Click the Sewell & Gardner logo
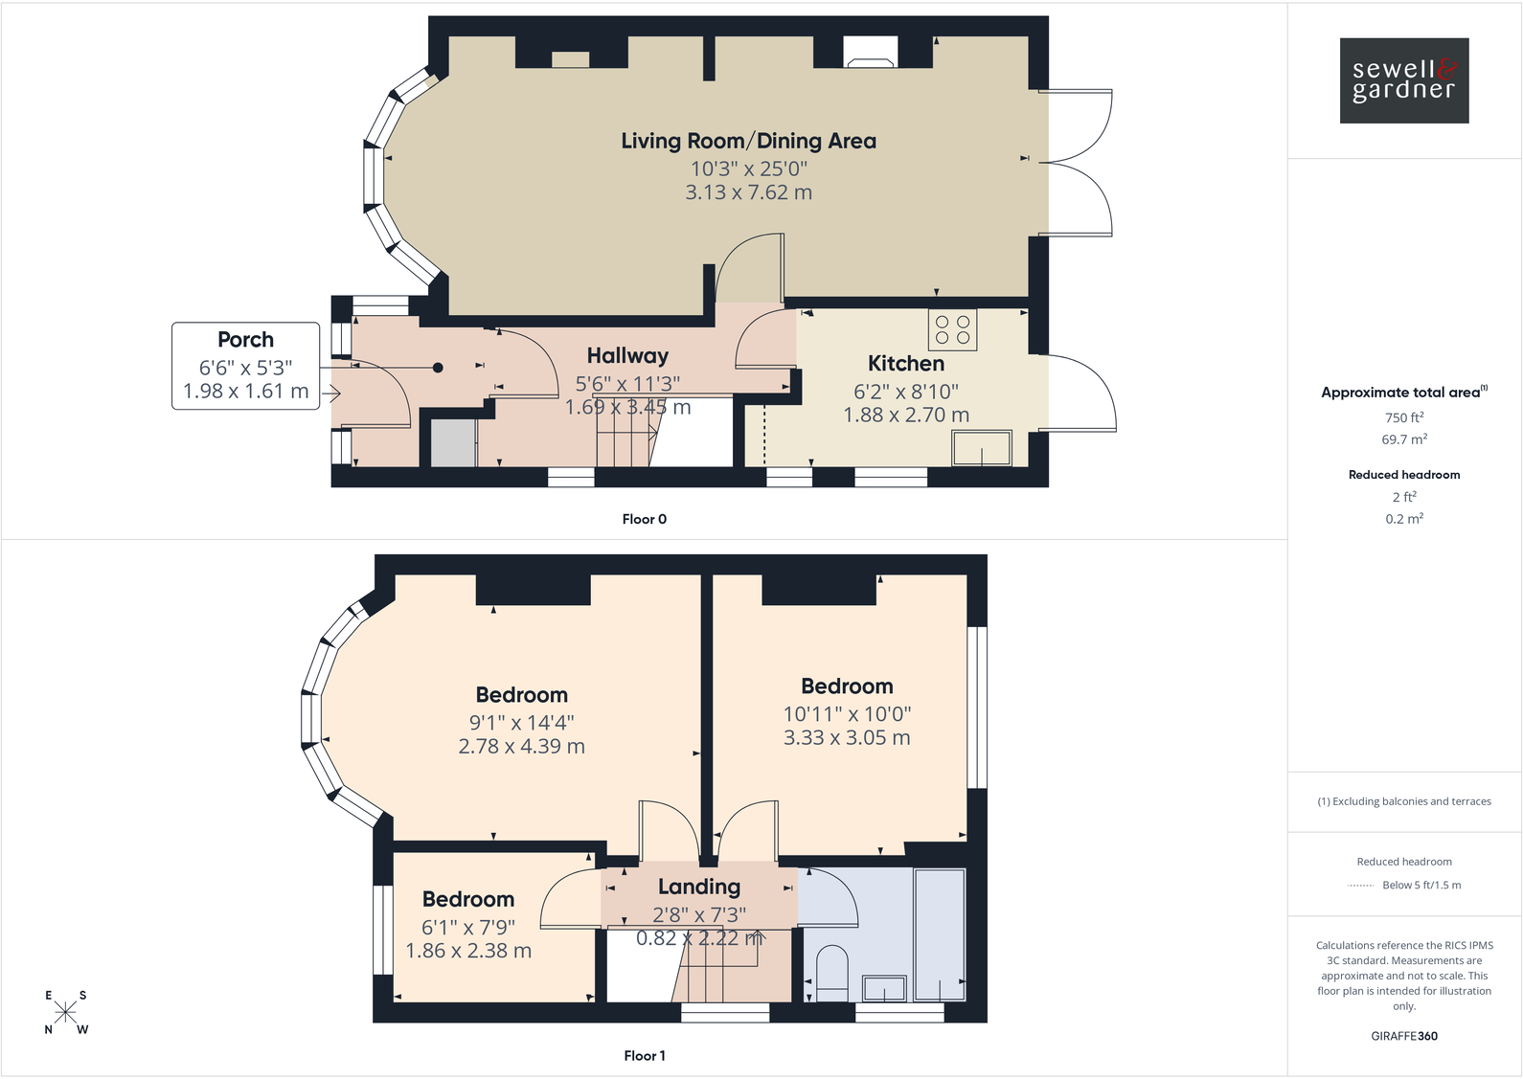tap(1404, 80)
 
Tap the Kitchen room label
tap(905, 364)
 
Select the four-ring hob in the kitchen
tap(952, 329)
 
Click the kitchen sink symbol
tap(982, 448)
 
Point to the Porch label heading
tap(245, 339)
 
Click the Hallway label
tap(627, 355)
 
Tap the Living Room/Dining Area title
tap(749, 141)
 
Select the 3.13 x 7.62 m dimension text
tap(749, 192)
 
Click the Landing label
tap(699, 887)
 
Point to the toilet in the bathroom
tap(831, 973)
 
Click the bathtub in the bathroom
tap(940, 934)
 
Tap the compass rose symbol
tap(65, 1012)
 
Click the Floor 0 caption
tap(645, 519)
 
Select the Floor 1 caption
tap(645, 1055)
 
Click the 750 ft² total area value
tap(1404, 417)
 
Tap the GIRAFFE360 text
tap(1404, 1036)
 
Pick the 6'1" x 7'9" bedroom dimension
tap(468, 927)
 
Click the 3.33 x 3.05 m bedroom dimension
tap(847, 737)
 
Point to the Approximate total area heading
tap(1404, 392)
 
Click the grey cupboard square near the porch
tap(454, 443)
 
